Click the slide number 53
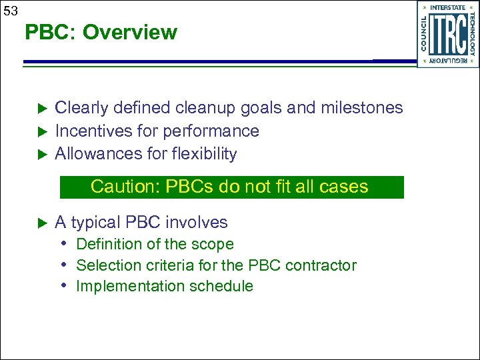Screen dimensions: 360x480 (x=11, y=10)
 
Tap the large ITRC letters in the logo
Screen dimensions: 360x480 (x=447, y=35)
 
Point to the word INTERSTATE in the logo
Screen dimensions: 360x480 (x=448, y=7)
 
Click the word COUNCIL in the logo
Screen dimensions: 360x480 (x=424, y=34)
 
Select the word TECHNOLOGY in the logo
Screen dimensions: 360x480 (x=472, y=34)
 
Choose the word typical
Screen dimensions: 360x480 (x=97, y=223)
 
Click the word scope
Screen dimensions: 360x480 (x=213, y=245)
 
